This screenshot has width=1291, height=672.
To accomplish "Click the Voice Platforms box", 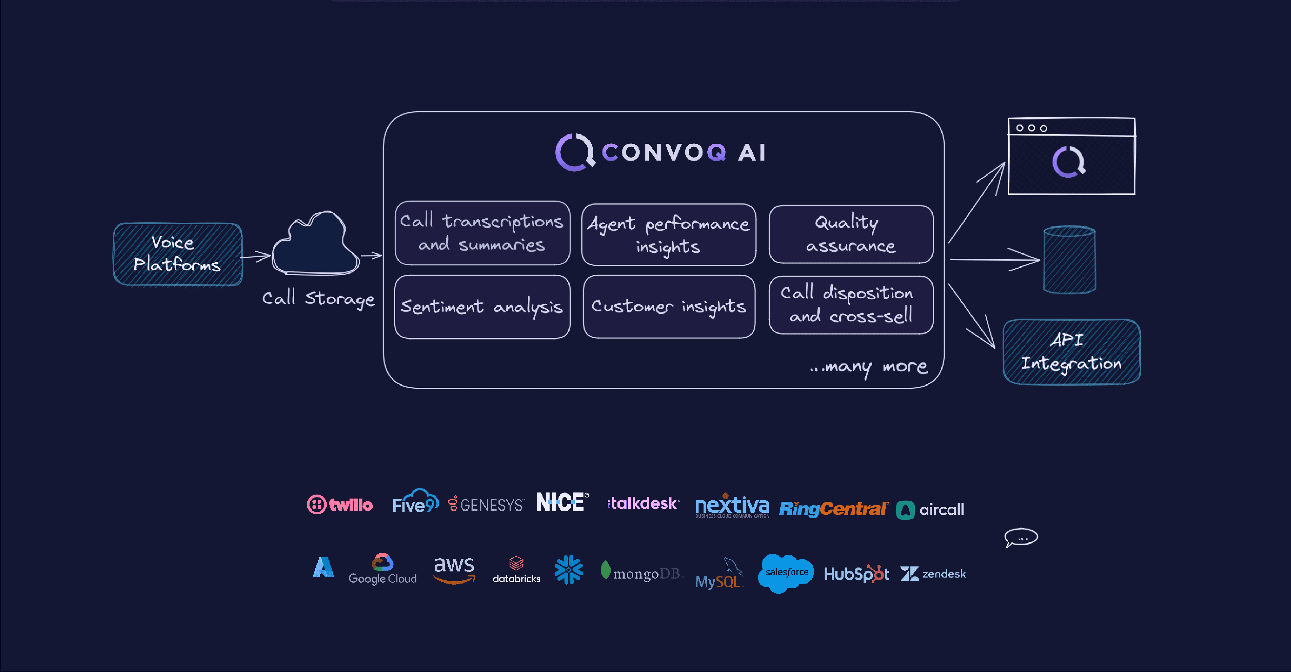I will click(178, 254).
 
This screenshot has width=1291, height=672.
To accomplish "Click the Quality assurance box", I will click(851, 234).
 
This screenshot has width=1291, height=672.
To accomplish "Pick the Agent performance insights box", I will click(669, 235).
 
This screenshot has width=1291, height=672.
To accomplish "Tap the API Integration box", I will click(1071, 352).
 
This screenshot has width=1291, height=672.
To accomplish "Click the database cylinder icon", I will click(1069, 260).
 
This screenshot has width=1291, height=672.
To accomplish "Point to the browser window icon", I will click(1071, 156).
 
